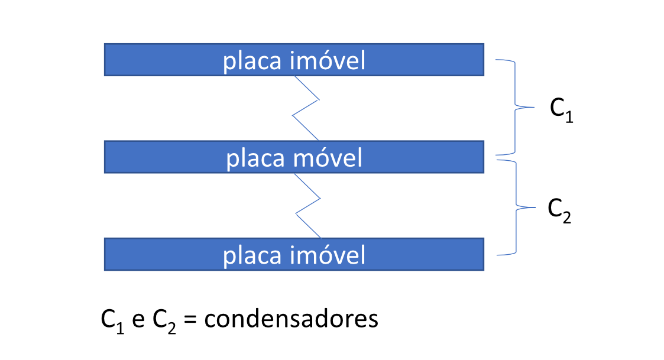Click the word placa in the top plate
pos(252,61)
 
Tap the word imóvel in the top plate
pos(328,60)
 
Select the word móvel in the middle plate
pos(328,158)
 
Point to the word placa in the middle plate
pos(255,159)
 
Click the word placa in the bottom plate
pos(252,256)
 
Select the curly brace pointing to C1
pos(515,108)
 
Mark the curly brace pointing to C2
pos(516,207)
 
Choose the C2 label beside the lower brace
pos(559,210)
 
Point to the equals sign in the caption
pos(190,319)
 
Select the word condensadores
pos(291,318)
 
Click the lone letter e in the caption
pos(138,320)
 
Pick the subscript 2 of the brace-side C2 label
pos(567,218)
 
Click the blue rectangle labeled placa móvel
pos(294,157)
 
